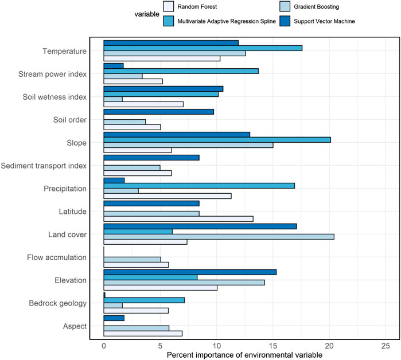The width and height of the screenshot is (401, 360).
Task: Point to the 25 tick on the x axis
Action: pyautogui.click(x=386, y=346)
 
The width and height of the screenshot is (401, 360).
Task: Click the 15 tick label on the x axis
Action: pyautogui.click(x=273, y=346)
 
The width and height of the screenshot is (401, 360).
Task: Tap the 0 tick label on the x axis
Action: pyautogui.click(x=104, y=346)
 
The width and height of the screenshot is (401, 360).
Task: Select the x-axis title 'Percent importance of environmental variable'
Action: pyautogui.click(x=245, y=355)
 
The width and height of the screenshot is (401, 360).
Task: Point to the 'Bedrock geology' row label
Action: pyautogui.click(x=57, y=303)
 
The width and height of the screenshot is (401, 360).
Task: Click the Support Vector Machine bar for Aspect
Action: pyautogui.click(x=114, y=318)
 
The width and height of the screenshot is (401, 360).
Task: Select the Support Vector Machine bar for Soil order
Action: pyautogui.click(x=159, y=111)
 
